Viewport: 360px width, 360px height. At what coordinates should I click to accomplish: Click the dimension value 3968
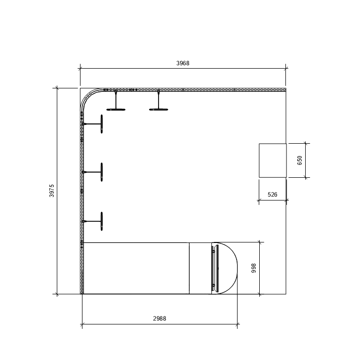coord(183,63)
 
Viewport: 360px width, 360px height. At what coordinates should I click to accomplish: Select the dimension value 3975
coord(52,191)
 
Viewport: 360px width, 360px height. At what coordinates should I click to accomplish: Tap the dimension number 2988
coord(160,319)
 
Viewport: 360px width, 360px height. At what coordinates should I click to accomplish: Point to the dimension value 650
coord(300,160)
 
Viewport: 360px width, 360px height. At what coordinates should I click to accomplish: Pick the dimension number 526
coord(272,195)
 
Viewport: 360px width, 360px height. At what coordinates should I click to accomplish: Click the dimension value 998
coord(254,268)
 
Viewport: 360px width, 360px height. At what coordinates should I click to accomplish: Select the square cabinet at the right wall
coord(273,160)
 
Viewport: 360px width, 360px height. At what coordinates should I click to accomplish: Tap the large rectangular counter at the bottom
coord(136,268)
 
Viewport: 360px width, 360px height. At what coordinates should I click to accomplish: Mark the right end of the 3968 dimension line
coord(286,69)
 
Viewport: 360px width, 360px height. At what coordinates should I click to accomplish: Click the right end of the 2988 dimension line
coord(238,325)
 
